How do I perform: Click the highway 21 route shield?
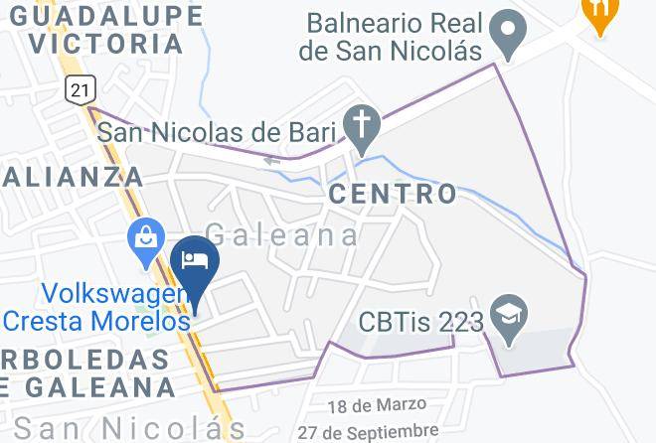(x=80, y=89)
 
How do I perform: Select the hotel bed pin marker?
(x=195, y=261)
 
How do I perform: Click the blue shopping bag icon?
(x=146, y=237)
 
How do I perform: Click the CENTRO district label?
(x=393, y=194)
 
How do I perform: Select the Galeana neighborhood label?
(x=282, y=234)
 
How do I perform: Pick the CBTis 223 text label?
(x=422, y=323)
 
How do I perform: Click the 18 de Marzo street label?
(x=377, y=405)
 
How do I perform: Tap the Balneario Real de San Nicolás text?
(x=395, y=35)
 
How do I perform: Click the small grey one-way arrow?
(x=271, y=158)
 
